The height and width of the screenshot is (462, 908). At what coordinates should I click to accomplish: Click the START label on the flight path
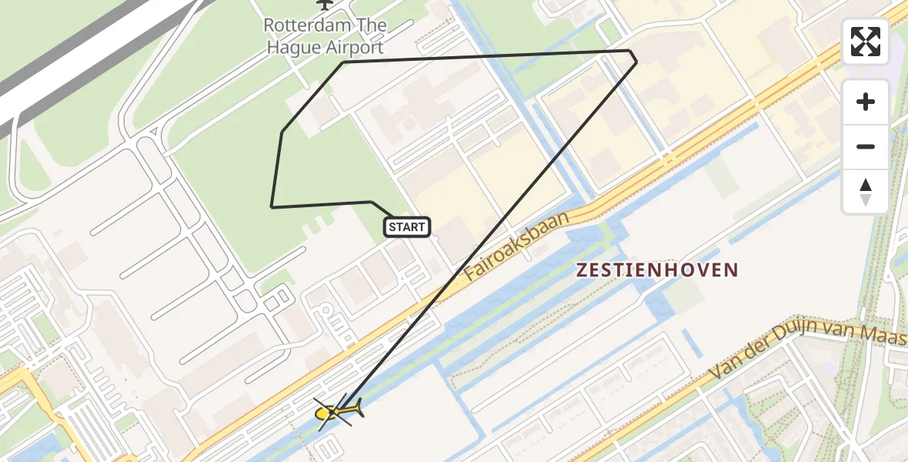pyautogui.click(x=406, y=226)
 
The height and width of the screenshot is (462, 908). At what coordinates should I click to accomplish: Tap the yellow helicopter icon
pyautogui.click(x=335, y=413)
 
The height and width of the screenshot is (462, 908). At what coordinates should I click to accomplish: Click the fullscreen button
pyautogui.click(x=866, y=42)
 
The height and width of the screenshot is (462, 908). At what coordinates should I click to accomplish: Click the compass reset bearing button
pyautogui.click(x=866, y=192)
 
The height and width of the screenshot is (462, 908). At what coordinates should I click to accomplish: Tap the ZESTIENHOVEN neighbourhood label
pyautogui.click(x=656, y=270)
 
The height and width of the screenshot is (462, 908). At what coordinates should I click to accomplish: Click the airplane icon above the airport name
pyautogui.click(x=325, y=4)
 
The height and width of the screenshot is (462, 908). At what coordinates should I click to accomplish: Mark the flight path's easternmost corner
pyautogui.click(x=636, y=61)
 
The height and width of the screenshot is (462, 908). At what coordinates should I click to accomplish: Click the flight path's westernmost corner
pyautogui.click(x=272, y=206)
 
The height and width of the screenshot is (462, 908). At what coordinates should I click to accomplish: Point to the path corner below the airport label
pyautogui.click(x=342, y=63)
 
